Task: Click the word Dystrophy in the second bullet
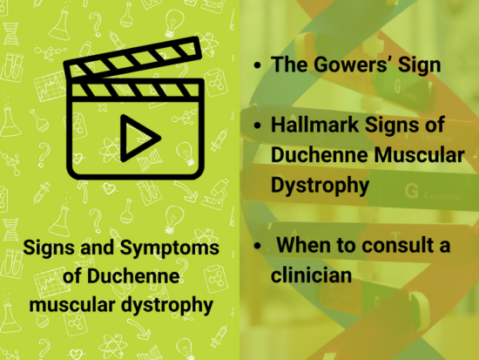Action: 317,186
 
